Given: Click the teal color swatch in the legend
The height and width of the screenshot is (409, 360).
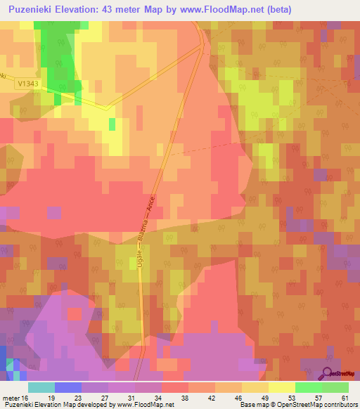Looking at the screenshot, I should tap(41, 387).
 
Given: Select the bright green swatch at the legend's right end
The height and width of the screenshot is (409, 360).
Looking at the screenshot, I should tap(335, 387).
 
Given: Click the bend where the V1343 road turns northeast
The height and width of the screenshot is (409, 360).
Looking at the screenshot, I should tap(107, 109).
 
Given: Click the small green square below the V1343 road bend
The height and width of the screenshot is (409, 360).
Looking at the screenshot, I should tap(112, 124).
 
